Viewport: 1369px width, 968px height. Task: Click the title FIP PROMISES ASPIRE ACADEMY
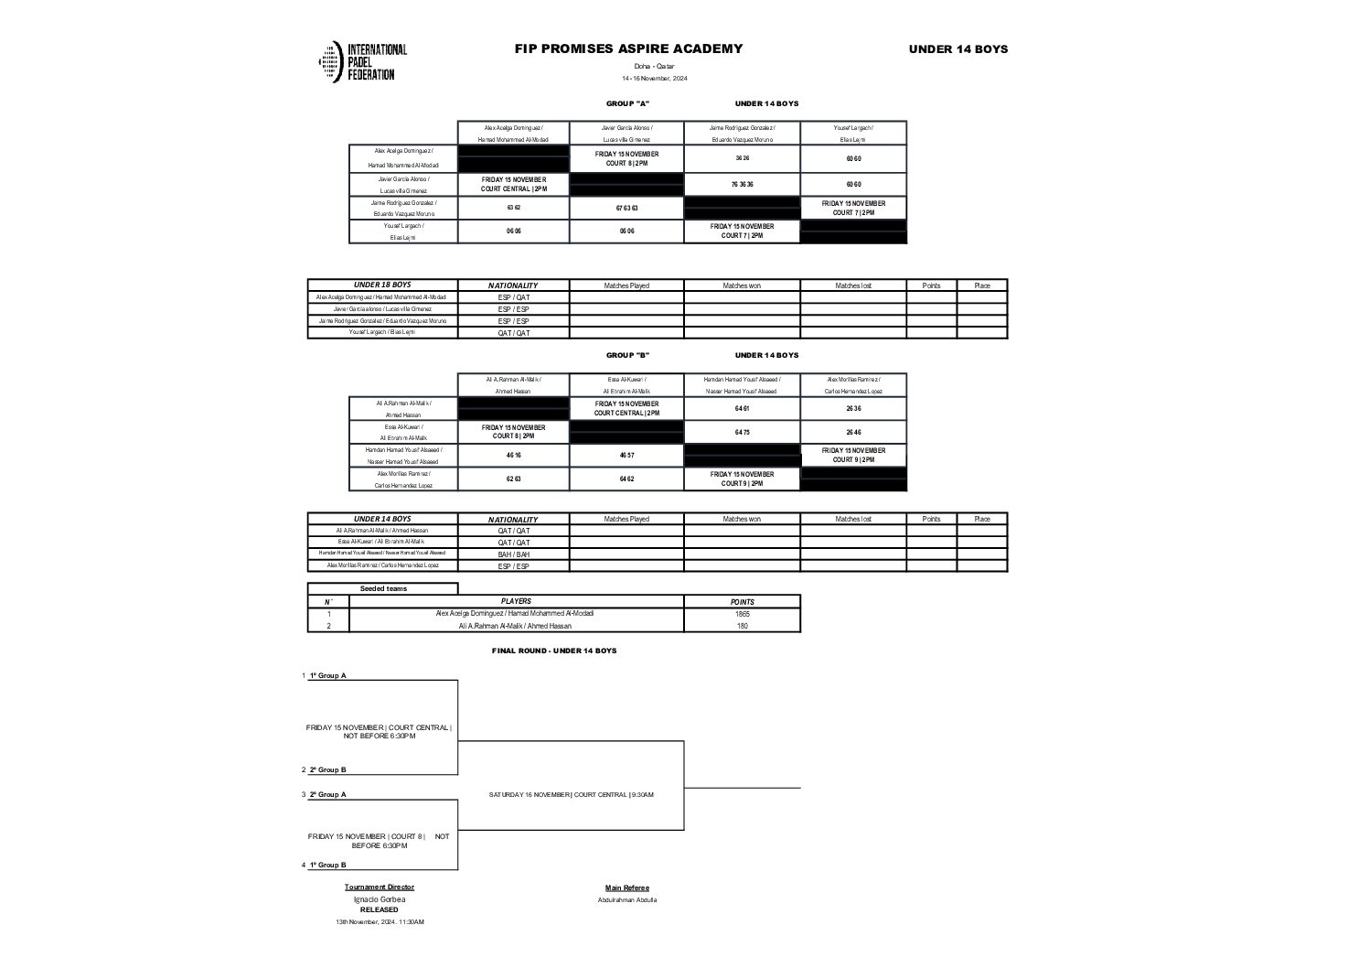pos(628,49)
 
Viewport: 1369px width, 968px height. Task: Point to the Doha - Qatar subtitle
pos(654,67)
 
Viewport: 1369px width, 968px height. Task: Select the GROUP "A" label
pos(627,103)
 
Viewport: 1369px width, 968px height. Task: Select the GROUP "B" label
pos(627,355)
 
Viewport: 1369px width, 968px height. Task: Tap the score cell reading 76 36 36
pos(742,184)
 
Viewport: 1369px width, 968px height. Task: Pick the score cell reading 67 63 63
pos(626,208)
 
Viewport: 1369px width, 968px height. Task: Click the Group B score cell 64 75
pos(742,432)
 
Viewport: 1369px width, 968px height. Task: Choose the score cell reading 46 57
pos(626,456)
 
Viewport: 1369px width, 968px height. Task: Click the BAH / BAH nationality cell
pos(513,554)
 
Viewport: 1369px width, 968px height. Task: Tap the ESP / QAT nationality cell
pos(513,297)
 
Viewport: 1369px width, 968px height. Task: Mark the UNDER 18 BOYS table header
pos(382,285)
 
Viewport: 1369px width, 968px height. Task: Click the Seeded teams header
pos(383,588)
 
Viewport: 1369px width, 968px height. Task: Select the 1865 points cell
pos(742,614)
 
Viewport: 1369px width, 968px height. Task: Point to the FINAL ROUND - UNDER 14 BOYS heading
pos(554,651)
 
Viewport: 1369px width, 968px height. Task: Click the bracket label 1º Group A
pos(327,675)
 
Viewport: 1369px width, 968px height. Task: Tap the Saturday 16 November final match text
pos(571,794)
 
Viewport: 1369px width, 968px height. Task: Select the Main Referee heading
pos(627,887)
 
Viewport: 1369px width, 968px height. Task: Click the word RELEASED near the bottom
pos(379,909)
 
